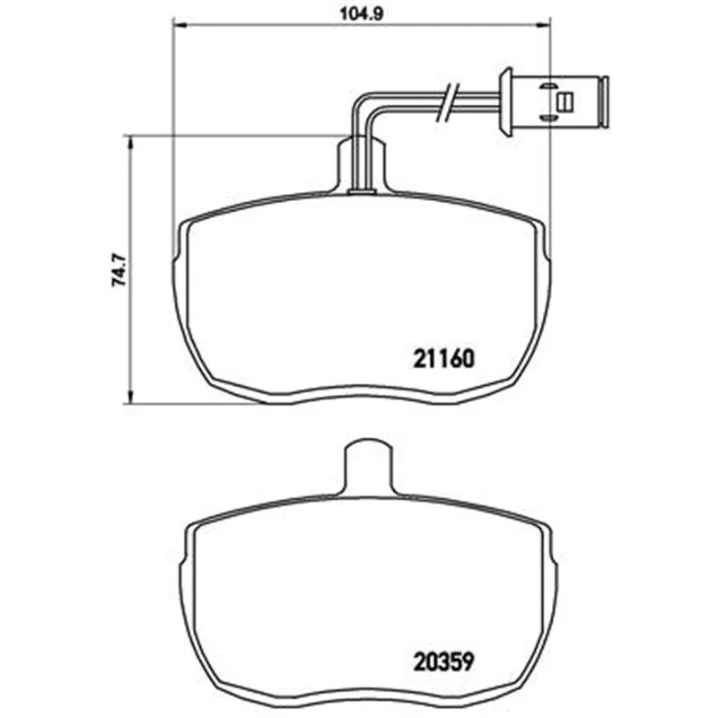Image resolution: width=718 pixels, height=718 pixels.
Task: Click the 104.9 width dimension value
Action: pyautogui.click(x=362, y=13)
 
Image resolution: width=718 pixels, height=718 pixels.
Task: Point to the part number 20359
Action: pyautogui.click(x=442, y=661)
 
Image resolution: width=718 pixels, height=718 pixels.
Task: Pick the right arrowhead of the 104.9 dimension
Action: pyautogui.click(x=543, y=27)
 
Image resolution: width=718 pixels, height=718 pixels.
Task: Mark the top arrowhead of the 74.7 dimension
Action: pyautogui.click(x=130, y=143)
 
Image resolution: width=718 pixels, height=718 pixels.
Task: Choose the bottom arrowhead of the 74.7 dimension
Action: pyautogui.click(x=130, y=397)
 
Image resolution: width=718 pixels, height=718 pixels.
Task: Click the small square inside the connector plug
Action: pyautogui.click(x=565, y=101)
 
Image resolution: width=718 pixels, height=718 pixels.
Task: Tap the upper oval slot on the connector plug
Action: pyautogui.click(x=547, y=86)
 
